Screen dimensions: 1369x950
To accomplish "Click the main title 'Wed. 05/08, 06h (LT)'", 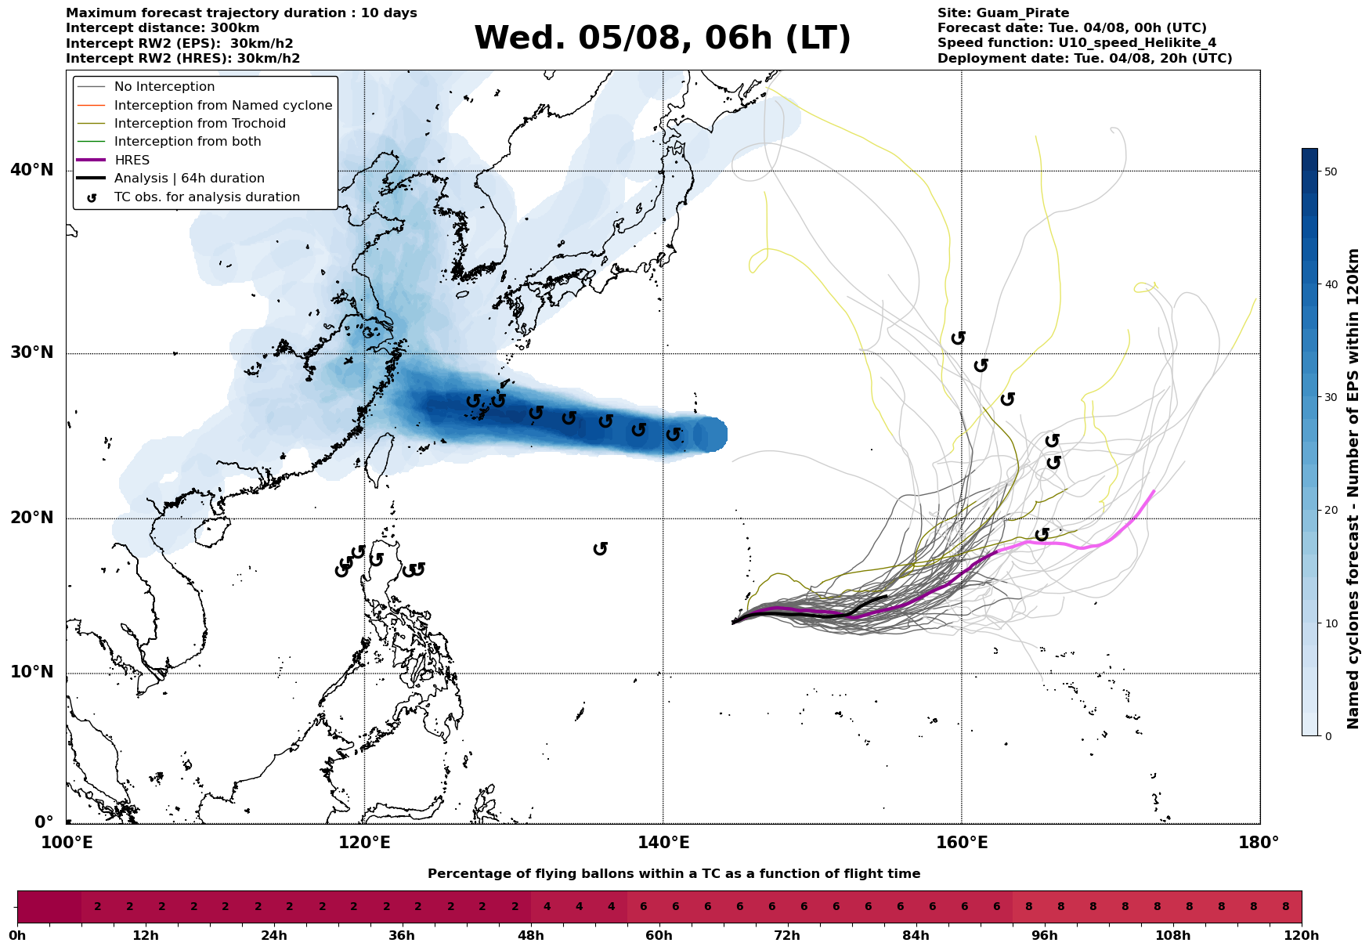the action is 662,38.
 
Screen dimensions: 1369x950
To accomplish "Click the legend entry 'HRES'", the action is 132,161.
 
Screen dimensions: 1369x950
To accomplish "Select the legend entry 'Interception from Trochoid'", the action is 200,124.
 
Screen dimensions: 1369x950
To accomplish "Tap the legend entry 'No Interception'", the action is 164,87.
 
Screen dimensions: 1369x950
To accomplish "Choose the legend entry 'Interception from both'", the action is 187,142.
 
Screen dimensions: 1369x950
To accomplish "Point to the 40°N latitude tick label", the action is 32,170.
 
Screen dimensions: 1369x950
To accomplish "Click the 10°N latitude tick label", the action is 32,672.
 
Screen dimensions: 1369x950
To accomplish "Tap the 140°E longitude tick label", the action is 663,843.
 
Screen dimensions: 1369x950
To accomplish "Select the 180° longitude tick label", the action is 1259,843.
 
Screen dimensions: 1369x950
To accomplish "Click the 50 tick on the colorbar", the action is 1331,172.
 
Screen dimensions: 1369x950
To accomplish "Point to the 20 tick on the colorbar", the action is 1331,511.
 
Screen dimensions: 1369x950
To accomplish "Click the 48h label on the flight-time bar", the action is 531,936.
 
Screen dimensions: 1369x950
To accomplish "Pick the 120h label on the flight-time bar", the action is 1301,936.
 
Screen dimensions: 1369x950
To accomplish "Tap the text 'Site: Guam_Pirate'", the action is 1003,13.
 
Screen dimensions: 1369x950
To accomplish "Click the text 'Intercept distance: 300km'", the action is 163,28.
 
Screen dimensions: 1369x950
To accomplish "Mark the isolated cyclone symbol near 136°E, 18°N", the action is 601,549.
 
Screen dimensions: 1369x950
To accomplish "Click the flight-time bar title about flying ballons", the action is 674,874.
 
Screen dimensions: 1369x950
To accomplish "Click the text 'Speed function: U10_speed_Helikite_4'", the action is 1077,43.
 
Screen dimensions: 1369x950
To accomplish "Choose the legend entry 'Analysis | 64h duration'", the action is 190,179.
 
